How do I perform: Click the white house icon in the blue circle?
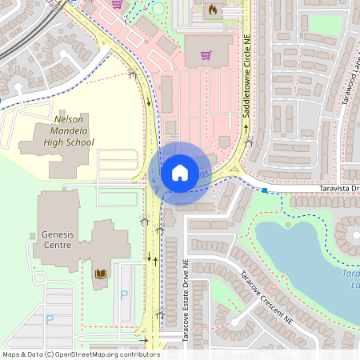[x=180, y=172]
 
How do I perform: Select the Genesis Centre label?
[x=57, y=240]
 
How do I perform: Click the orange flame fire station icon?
[x=213, y=10]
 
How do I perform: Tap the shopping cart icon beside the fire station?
[x=206, y=55]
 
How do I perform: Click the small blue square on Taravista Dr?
[x=265, y=190]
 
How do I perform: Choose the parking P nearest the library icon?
[x=123, y=295]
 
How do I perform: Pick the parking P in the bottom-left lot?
[x=49, y=319]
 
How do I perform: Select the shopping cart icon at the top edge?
[x=118, y=4]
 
